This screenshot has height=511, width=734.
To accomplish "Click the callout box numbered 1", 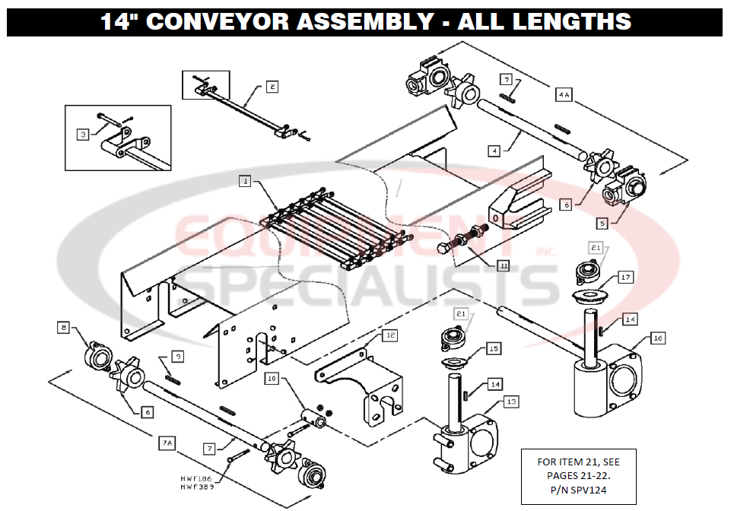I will [x=244, y=181].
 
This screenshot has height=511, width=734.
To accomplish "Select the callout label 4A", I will [x=564, y=94].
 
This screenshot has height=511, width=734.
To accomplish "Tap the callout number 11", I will [x=504, y=265].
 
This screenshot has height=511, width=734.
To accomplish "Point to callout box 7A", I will [x=167, y=442].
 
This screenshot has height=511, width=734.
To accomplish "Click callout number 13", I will [x=511, y=401].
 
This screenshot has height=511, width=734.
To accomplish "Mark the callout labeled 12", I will [x=389, y=335].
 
